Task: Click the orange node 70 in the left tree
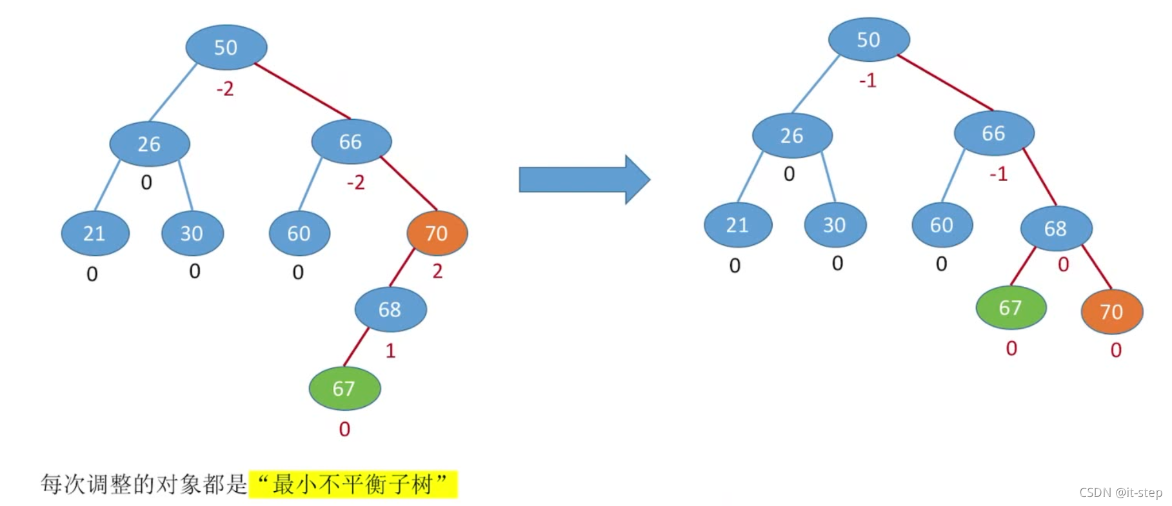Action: [437, 233]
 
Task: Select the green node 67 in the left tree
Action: [344, 388]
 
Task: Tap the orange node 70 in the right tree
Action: [1111, 311]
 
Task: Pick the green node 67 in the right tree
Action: [1011, 307]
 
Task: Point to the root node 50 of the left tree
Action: [226, 47]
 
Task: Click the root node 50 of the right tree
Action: [869, 39]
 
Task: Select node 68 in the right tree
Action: [1056, 228]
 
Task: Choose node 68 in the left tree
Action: [390, 309]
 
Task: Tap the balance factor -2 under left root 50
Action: [225, 88]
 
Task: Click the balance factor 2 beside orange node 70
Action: [437, 271]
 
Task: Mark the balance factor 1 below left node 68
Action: [390, 351]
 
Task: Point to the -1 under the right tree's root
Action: [868, 81]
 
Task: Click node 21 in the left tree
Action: [95, 233]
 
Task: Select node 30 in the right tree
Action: [835, 225]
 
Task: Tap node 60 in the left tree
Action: [299, 233]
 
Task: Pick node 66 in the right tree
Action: [994, 133]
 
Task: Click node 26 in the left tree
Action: [149, 144]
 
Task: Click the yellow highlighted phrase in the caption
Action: [353, 484]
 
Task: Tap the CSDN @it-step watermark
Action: [1120, 492]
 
